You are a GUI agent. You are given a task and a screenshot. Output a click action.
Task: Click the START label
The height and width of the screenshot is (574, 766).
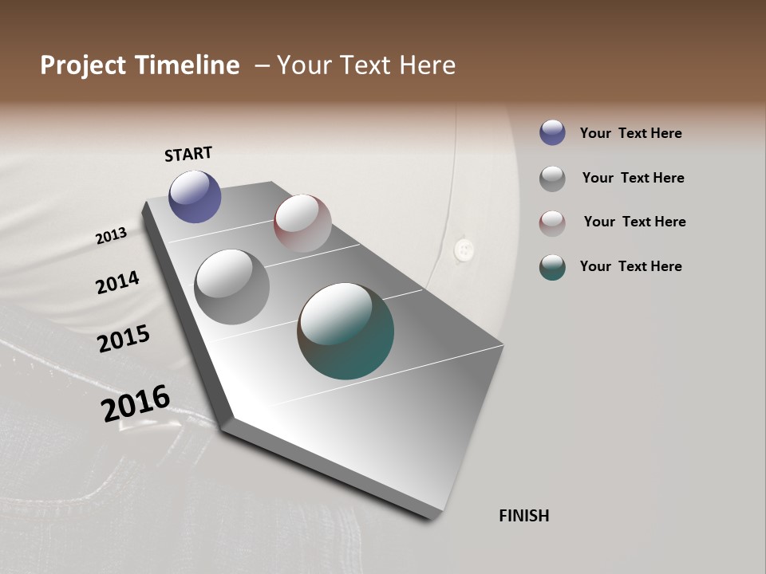188,154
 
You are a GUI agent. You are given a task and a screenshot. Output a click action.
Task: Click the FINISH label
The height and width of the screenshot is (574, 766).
523,516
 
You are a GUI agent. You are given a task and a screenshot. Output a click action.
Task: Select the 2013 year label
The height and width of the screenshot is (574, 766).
111,235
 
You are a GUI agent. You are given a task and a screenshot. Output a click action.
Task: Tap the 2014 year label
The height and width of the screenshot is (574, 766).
117,283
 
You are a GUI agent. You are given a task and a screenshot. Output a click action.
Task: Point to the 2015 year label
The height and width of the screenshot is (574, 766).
124,339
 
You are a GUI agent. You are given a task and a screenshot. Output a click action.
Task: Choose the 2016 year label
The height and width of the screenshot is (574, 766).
136,403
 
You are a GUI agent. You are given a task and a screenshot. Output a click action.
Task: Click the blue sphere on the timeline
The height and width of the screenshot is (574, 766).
195,196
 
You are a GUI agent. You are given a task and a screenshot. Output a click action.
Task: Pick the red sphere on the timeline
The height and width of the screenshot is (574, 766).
302,222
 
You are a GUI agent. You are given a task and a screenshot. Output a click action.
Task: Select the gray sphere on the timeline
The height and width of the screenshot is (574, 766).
231,286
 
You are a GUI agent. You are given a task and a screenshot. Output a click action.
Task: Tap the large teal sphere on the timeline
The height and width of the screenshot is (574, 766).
345,331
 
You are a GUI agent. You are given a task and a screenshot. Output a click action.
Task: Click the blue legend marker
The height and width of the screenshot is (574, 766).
552,133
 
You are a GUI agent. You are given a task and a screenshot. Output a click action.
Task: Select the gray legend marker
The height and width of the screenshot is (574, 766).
552,178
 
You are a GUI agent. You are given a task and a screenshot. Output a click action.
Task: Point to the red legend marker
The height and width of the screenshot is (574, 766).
552,222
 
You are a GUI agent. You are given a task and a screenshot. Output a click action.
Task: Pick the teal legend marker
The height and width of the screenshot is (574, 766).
552,267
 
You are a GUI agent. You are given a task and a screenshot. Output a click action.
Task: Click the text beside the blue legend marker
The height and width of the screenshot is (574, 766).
630,133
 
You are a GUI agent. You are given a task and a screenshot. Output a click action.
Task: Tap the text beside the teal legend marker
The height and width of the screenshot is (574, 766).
630,266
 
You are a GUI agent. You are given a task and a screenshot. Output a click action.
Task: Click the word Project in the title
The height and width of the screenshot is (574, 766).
83,65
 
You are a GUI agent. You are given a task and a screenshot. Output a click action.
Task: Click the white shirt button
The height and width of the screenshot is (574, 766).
462,249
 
